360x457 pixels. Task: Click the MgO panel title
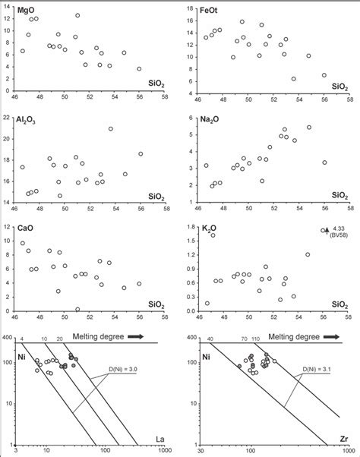click(27, 13)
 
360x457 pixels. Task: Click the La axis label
click(160, 438)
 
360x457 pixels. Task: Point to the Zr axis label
click(344, 438)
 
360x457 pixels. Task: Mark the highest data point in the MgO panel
click(77, 15)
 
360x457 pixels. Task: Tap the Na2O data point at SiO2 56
click(325, 162)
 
